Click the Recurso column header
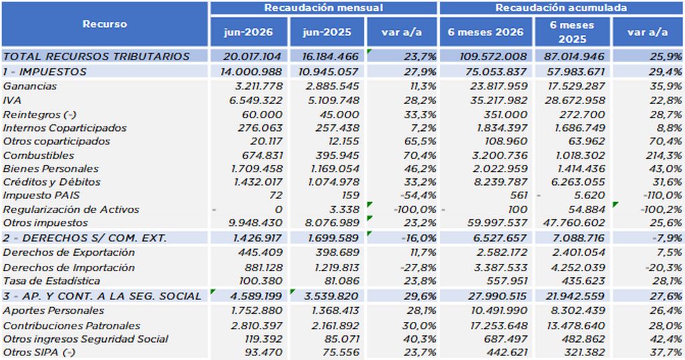click(105, 24)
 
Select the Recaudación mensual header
click(323, 8)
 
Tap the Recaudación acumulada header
click(561, 8)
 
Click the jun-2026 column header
click(249, 32)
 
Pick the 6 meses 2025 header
click(572, 32)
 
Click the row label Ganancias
click(29, 86)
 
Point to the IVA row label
click(12, 100)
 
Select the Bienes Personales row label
click(51, 169)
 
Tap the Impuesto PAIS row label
click(41, 196)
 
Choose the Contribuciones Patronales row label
click(72, 326)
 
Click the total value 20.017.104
click(253, 56)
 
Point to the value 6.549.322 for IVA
click(256, 100)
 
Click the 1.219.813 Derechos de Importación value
click(333, 267)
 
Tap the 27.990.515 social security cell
click(498, 297)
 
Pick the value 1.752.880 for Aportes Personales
click(257, 311)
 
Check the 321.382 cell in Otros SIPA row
click(583, 352)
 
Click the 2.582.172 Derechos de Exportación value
click(500, 252)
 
